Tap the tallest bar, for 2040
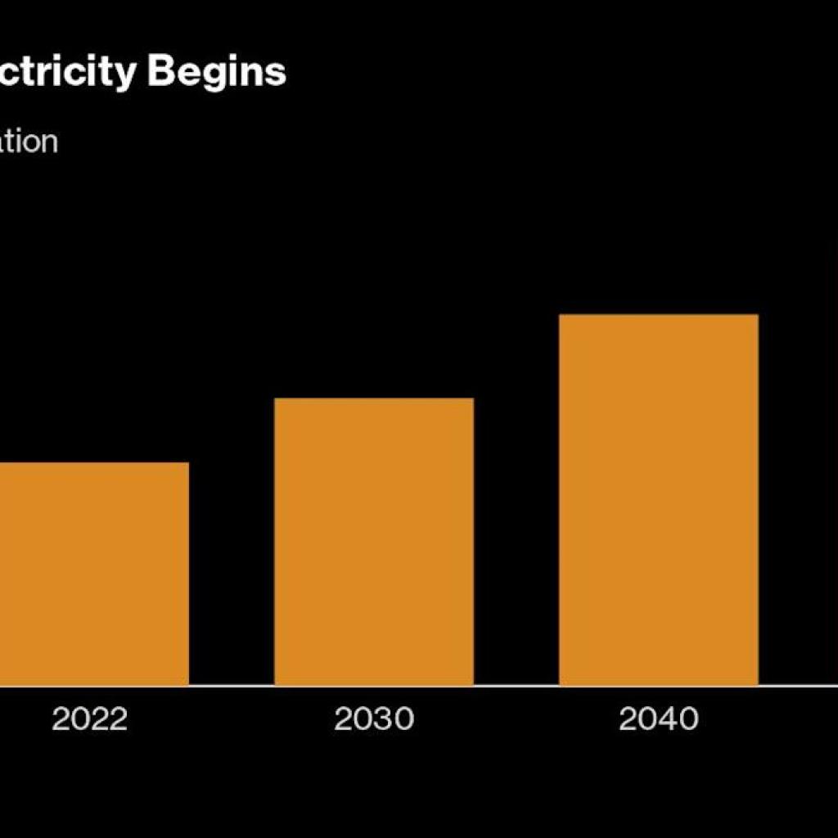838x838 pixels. [658, 499]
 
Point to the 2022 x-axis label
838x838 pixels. [90, 719]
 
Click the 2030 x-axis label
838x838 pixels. [374, 719]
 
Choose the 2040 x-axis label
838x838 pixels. [659, 719]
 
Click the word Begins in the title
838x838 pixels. [217, 72]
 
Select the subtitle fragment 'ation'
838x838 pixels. [29, 141]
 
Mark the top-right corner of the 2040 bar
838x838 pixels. [757, 316]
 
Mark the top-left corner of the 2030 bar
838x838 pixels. [275, 399]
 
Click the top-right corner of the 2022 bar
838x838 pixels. [188, 463]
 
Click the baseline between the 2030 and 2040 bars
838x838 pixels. [516, 685]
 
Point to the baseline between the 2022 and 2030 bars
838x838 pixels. [232, 685]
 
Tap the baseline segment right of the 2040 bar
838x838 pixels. [798, 685]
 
